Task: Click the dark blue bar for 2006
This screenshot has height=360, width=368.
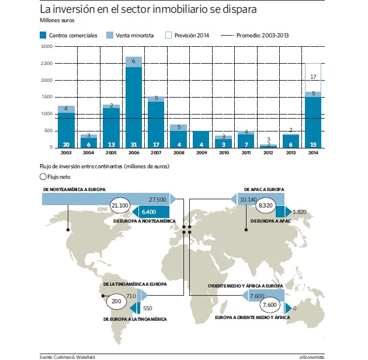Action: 134,108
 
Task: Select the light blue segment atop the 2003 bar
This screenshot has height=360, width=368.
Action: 66,109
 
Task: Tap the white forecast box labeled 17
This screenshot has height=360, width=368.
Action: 313,78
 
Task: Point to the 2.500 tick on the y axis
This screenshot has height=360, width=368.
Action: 47,63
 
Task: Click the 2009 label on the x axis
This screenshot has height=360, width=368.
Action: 202,153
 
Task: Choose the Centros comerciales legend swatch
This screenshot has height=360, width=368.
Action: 43,35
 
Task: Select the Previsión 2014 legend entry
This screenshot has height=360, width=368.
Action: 187,35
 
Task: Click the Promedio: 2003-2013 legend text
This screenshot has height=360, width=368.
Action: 263,36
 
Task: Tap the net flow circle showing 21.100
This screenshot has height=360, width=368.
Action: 120,206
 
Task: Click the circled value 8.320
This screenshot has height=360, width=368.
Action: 265,206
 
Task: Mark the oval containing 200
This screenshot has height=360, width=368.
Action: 116,302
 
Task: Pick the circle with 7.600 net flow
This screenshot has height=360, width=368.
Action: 270,305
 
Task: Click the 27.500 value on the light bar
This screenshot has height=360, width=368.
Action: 158,200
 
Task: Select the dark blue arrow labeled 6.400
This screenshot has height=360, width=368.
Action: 151,212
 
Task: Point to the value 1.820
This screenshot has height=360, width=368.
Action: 299,212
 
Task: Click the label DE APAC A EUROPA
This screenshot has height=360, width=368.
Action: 264,189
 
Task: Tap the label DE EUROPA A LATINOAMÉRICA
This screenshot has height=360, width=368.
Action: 135,319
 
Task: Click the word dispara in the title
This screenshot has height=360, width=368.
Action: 239,9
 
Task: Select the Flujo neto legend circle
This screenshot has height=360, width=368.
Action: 43,177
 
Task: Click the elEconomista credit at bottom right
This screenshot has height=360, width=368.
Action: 312,357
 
